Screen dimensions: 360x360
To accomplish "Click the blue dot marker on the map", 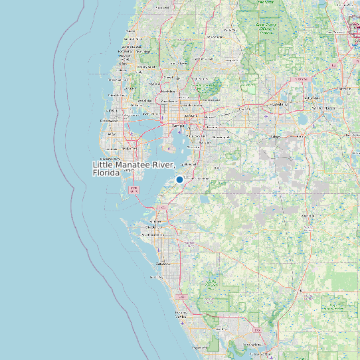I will coord(179,179).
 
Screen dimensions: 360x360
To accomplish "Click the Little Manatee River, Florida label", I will coord(134,169).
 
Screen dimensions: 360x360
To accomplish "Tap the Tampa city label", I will coord(177,125).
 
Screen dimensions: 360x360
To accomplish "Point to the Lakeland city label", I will coord(280,104).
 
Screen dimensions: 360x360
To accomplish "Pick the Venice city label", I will coord(181,316).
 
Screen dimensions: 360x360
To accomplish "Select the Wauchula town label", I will coord(308,216).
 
